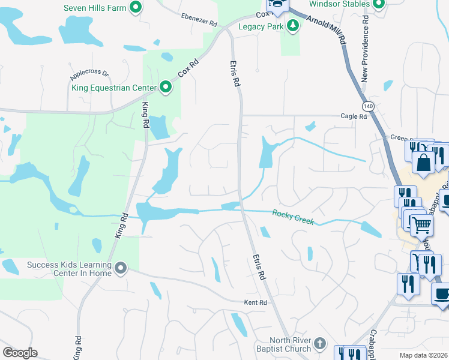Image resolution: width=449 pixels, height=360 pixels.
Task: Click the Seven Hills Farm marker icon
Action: tap(136, 7)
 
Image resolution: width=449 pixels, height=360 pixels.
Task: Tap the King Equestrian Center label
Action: tap(114, 88)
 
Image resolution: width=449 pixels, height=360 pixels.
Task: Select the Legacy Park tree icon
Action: tap(293, 26)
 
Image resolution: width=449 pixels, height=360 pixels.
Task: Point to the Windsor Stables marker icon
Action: tap(378, 5)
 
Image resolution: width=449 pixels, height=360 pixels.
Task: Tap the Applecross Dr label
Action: tap(89, 74)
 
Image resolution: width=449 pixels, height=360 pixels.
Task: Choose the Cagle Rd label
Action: tap(353, 116)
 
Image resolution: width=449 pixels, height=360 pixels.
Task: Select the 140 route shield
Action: tap(368, 106)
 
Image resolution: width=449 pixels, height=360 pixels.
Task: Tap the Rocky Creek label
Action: tap(293, 217)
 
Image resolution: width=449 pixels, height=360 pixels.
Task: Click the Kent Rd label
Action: tap(255, 302)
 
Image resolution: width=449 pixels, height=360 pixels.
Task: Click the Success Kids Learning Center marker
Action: tap(121, 268)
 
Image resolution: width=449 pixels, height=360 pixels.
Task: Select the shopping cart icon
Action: tap(423, 225)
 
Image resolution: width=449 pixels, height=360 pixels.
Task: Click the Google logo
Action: tap(20, 353)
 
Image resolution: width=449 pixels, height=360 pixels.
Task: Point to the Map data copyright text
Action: tap(424, 355)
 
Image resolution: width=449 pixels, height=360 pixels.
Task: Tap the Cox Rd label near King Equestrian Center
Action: tap(187, 70)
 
